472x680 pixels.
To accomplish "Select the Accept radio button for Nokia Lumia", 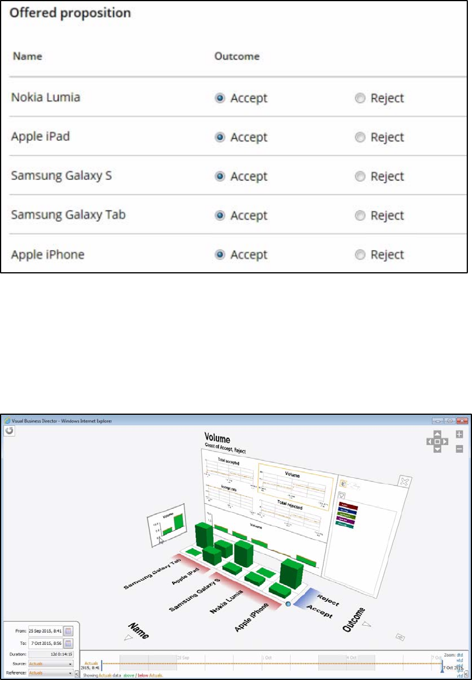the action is point(220,98).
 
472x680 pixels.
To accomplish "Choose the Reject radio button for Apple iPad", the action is point(360,137).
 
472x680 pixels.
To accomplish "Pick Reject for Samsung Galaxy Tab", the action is point(360,216).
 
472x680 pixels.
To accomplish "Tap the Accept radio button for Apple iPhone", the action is point(220,255).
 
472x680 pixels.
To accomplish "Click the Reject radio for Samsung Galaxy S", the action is point(360,176).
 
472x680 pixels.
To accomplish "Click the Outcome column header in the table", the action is point(237,57).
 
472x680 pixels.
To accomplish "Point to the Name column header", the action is point(27,57).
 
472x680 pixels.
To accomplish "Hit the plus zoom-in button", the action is point(459,435).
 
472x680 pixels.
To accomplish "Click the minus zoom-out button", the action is point(459,449).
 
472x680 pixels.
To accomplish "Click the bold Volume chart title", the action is point(217,438).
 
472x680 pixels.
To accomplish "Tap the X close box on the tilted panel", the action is point(403,481).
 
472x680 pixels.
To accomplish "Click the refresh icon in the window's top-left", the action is point(9,431).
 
